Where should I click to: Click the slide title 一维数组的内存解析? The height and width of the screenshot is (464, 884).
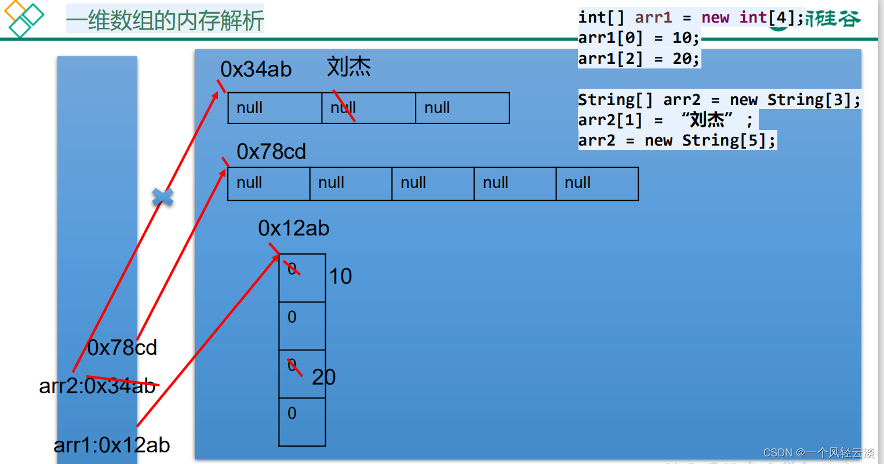[165, 20]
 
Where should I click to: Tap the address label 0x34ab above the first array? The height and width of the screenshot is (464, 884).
[256, 70]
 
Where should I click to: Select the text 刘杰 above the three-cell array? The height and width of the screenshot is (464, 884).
[348, 67]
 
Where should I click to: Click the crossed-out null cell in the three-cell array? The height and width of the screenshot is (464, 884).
[368, 108]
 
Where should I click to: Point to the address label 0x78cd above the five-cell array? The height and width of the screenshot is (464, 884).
[271, 152]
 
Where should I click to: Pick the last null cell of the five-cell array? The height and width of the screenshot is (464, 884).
[596, 183]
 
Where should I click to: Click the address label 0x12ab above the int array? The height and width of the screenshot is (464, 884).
[293, 229]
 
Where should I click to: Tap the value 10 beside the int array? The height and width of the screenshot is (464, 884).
[340, 277]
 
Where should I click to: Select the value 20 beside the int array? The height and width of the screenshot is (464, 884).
[323, 378]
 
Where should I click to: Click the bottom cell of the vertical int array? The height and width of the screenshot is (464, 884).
[302, 422]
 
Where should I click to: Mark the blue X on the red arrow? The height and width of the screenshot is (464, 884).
[163, 197]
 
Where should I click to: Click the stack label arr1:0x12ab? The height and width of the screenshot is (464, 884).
[112, 445]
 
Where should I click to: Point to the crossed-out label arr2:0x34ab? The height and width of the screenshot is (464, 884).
[98, 386]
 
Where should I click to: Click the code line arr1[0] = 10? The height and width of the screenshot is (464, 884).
[639, 38]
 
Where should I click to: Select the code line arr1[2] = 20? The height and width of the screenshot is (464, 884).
[639, 59]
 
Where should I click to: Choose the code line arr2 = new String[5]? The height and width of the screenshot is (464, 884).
[676, 140]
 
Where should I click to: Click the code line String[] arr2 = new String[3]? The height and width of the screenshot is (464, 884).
[719, 100]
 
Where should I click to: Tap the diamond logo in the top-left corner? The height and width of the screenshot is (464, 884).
[23, 19]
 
